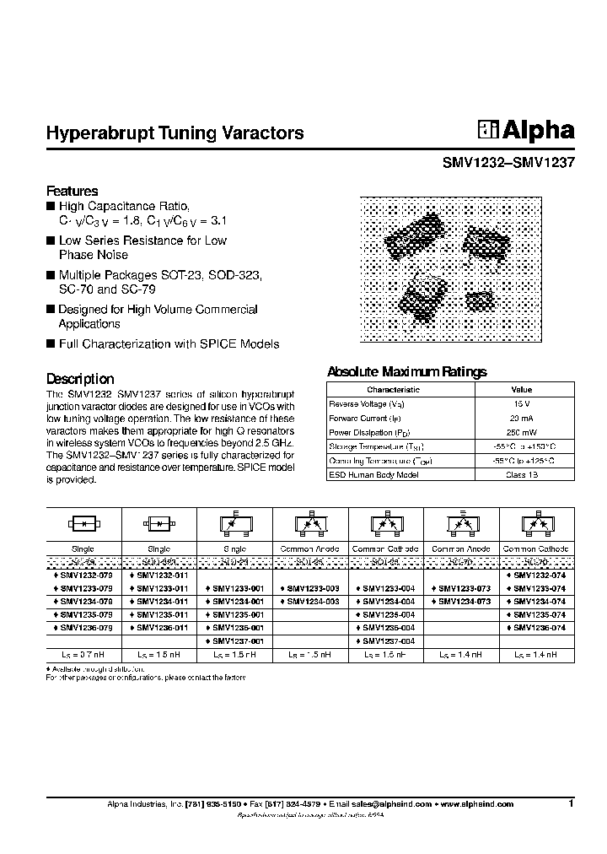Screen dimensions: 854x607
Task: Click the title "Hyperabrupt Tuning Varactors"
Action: point(175,133)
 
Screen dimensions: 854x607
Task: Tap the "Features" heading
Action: point(72,191)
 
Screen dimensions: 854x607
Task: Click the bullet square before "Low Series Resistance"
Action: point(51,241)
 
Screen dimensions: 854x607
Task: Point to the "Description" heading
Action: point(79,379)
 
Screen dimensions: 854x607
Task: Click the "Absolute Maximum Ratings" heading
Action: point(406,371)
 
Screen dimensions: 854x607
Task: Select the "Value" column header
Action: point(522,390)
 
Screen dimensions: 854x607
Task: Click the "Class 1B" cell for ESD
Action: point(522,475)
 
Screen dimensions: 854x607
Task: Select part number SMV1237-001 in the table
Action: point(237,641)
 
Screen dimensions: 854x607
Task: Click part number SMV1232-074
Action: point(539,574)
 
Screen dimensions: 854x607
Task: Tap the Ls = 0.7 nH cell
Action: point(83,655)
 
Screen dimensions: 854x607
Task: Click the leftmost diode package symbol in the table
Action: point(83,525)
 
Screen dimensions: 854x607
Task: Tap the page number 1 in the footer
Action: point(571,804)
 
